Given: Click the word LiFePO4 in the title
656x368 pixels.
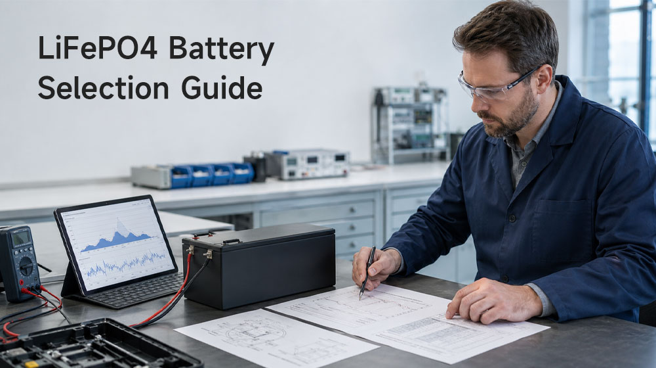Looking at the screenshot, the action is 98,47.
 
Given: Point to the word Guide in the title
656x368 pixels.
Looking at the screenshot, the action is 222,87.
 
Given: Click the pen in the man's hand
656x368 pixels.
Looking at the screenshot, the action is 367,273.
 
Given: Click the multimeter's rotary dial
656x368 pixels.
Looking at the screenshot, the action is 26,265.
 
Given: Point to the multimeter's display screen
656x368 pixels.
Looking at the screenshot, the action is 20,239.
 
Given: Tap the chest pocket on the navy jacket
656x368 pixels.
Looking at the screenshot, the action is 562,225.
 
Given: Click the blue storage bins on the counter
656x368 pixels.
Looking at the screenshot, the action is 212,174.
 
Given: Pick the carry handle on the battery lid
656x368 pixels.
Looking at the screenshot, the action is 231,241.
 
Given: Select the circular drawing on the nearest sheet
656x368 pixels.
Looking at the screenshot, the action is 251,333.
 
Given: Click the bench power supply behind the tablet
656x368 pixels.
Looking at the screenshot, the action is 310,164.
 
